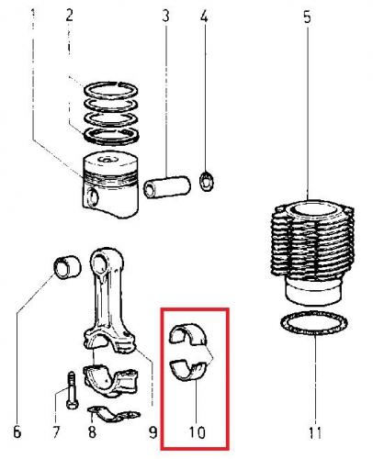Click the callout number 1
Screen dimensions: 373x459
pyautogui.click(x=33, y=15)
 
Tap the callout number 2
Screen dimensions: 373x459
pyautogui.click(x=70, y=15)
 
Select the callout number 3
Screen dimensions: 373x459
pyautogui.click(x=165, y=16)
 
